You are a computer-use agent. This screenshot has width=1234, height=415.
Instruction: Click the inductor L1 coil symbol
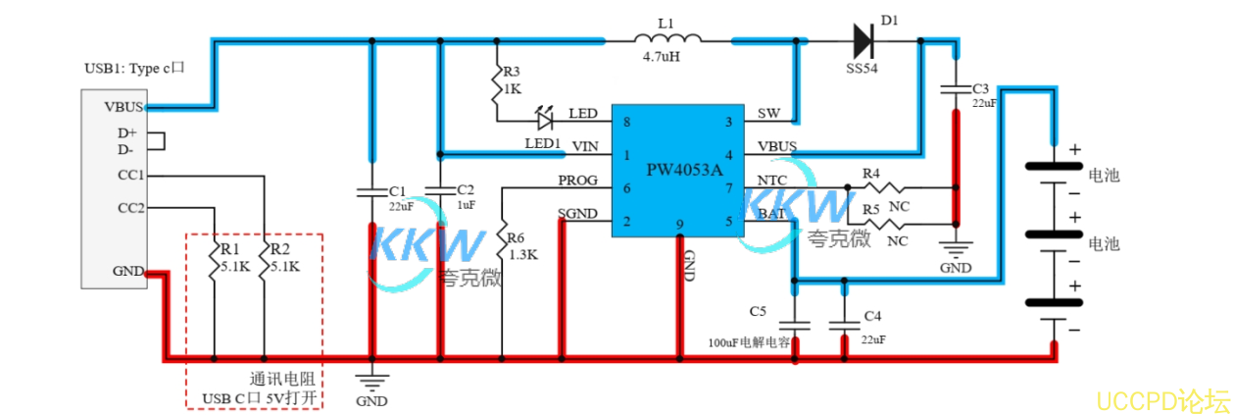(667, 40)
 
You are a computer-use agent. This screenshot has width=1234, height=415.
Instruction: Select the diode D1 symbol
(864, 40)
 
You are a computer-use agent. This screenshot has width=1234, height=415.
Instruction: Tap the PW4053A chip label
(684, 170)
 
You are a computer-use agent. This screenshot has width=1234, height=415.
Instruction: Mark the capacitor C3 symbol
(956, 89)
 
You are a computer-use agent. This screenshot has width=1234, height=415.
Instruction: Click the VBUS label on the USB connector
(124, 107)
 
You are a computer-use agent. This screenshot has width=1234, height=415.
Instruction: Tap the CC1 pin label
(131, 176)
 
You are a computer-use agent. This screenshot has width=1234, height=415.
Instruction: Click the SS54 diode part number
(863, 70)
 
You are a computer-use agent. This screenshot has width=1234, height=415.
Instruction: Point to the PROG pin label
(578, 182)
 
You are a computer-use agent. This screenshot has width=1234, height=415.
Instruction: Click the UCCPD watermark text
(1162, 400)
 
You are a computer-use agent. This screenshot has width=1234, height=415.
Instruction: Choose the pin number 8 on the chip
(626, 122)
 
